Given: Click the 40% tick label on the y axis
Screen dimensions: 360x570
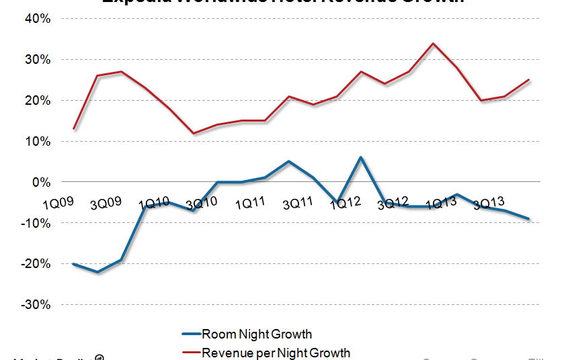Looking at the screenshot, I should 36,19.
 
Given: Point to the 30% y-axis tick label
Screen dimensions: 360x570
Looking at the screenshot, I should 36,60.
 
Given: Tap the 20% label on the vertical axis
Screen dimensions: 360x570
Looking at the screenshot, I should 36,101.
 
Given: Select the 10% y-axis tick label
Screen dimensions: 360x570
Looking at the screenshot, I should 36,142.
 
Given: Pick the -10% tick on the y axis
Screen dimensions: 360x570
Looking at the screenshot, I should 35,223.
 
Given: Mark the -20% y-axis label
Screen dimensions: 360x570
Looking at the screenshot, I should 35,264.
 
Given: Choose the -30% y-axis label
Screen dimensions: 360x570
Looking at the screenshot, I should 35,305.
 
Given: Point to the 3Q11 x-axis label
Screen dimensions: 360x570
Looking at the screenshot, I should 297,203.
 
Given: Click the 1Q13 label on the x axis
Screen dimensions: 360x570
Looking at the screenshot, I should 442,203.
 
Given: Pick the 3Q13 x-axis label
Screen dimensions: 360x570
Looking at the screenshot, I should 490,203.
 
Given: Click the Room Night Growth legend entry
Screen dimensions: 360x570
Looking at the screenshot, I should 257,334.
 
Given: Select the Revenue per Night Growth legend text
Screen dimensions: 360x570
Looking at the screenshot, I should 276,352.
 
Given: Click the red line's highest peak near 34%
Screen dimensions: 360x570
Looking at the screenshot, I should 433,44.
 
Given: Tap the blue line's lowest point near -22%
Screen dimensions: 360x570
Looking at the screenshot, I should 98,272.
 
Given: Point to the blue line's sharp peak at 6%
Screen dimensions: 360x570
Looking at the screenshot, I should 361,158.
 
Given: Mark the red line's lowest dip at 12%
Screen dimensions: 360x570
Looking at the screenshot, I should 194,133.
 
